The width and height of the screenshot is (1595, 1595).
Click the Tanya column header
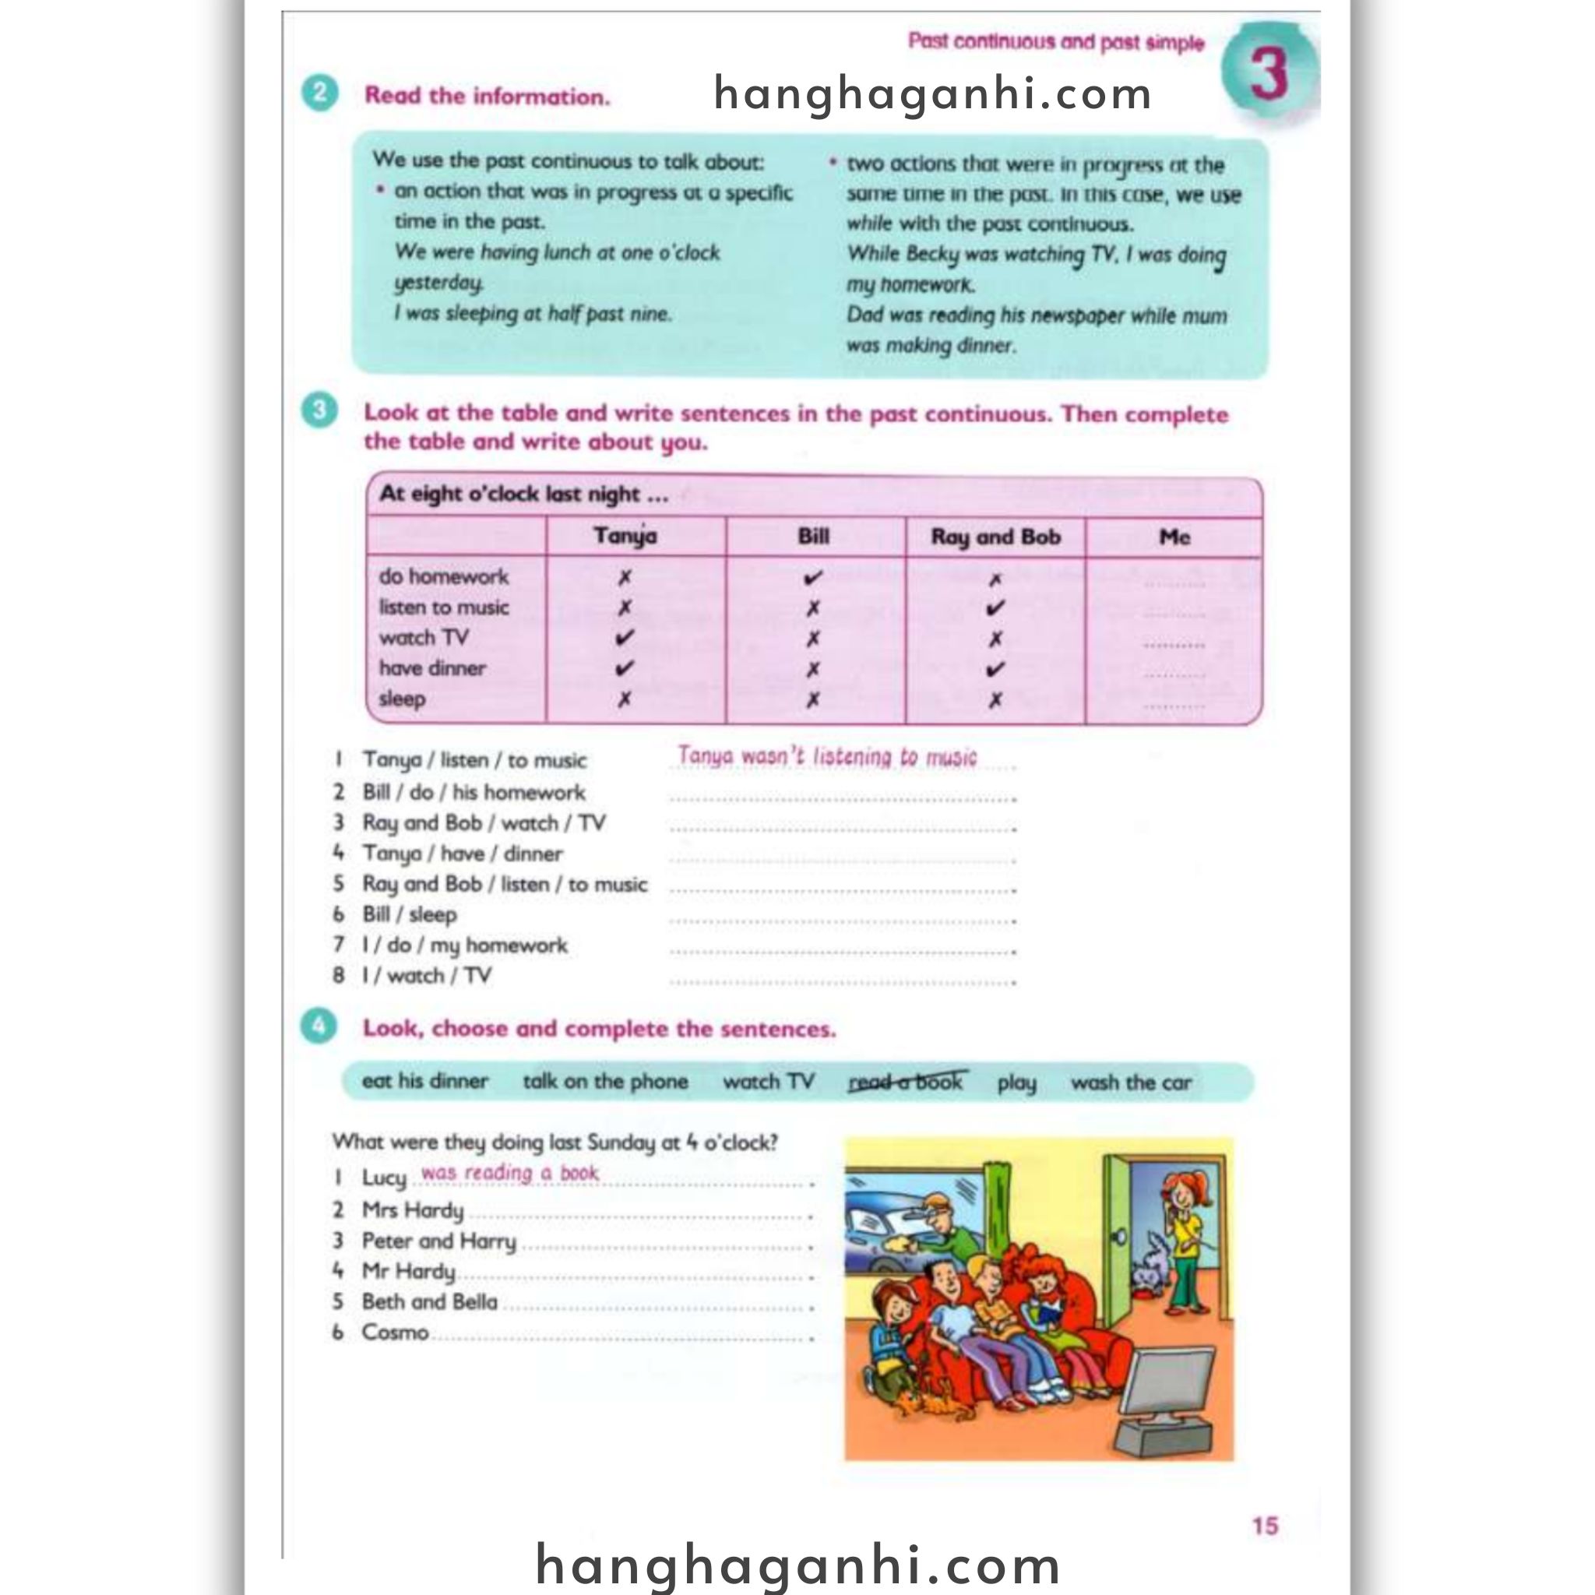[x=625, y=537]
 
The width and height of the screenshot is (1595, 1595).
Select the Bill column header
[x=813, y=537]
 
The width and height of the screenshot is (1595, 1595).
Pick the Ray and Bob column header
[x=995, y=537]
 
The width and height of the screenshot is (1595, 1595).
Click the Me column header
[x=1174, y=537]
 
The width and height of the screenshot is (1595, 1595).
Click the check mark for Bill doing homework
[x=813, y=578]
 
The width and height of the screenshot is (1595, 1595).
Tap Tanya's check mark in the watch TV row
[x=625, y=638]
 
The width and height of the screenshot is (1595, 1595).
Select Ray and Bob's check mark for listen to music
[x=995, y=608]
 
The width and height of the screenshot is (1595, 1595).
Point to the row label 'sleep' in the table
[x=402, y=699]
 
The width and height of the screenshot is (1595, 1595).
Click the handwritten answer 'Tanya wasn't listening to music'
[x=826, y=756]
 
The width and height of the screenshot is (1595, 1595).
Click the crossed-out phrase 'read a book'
[x=906, y=1082]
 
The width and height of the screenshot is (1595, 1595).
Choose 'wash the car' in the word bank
[x=1130, y=1083]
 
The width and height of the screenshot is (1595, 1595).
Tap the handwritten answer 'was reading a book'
[x=509, y=1173]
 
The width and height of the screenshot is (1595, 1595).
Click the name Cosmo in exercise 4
[x=395, y=1332]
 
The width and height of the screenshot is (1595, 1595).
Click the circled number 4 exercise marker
[x=319, y=1028]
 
